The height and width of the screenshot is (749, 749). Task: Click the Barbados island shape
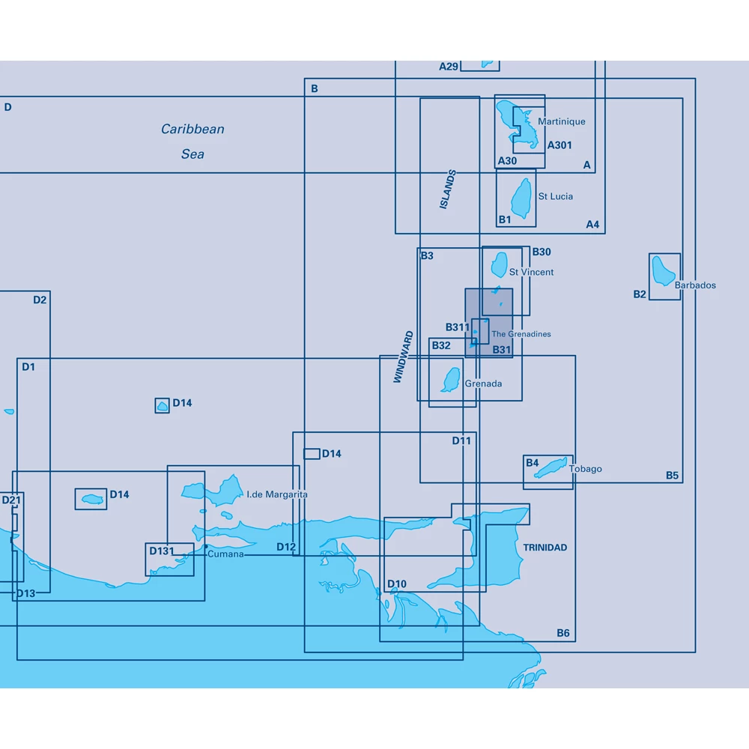pos(663,271)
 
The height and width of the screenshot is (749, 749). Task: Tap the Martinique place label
pos(561,121)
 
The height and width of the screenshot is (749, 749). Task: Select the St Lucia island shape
pos(521,198)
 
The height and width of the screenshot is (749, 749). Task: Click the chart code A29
pos(448,67)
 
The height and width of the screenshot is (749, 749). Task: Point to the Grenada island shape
pos(451,380)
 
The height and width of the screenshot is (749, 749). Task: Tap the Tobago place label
pos(585,469)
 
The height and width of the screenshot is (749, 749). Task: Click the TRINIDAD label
pos(545,548)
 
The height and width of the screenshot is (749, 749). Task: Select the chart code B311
pos(457,327)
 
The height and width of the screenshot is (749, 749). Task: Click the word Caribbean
pos(192,129)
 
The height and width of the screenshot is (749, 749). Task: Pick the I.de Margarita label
pos(276,494)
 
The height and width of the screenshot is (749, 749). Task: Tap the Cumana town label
pos(225,554)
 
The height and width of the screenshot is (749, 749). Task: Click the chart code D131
pos(161,551)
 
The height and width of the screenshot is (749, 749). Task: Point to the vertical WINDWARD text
pos(403,357)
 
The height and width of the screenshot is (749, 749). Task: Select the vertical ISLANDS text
pos(448,189)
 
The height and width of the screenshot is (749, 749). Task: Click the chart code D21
pos(11,500)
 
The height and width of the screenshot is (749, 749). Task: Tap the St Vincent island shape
pos(499,264)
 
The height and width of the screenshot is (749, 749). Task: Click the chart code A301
pos(560,145)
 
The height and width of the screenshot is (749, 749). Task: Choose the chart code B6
pos(562,634)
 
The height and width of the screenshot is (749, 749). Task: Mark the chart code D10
pos(396,584)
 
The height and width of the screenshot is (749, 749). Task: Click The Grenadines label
pos(521,334)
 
